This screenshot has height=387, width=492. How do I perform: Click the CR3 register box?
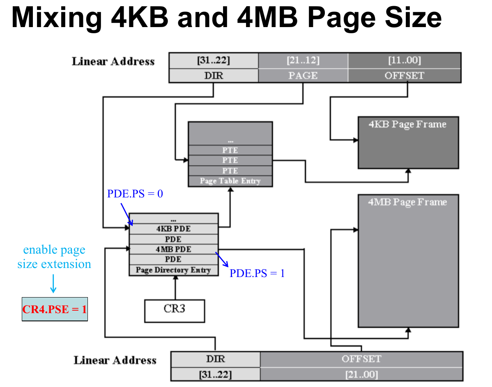(x=175, y=311)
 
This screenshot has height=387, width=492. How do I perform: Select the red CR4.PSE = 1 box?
(x=55, y=309)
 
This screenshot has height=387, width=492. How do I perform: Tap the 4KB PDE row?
(x=174, y=229)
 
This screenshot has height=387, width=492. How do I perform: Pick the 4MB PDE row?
(x=174, y=249)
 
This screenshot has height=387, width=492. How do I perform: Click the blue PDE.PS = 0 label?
(x=135, y=194)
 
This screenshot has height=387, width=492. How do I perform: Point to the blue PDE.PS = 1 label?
(x=257, y=273)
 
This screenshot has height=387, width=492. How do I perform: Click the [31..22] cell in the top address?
(x=214, y=61)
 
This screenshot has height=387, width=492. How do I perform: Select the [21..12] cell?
(x=303, y=61)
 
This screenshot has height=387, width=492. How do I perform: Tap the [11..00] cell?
(x=405, y=61)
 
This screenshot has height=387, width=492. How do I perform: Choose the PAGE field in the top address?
(x=303, y=76)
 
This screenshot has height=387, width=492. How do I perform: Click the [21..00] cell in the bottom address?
(x=361, y=374)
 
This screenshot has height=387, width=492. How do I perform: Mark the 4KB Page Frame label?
(x=408, y=124)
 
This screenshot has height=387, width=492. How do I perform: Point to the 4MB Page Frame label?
(x=407, y=202)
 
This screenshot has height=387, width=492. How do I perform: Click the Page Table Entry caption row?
(x=230, y=181)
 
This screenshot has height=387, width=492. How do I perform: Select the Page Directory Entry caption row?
(x=174, y=270)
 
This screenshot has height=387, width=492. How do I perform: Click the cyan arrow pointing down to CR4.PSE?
(x=53, y=284)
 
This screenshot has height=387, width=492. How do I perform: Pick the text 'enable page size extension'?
(x=54, y=257)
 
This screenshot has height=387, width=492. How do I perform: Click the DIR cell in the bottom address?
(x=216, y=359)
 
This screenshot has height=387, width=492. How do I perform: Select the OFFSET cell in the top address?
(x=405, y=76)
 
